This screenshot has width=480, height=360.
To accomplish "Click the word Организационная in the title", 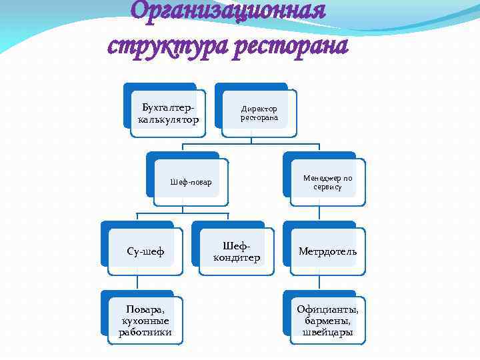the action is point(228,11).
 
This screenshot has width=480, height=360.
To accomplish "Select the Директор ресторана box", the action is point(259,113).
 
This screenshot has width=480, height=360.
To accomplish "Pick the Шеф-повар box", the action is point(191,182).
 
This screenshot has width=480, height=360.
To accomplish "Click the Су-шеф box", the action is point(145,251).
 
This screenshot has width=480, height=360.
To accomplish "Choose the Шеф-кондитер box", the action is point(237,251).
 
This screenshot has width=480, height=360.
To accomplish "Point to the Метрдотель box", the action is point(327,251).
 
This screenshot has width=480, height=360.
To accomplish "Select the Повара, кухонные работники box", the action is point(145,321).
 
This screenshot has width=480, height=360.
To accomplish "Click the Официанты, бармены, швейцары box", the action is point(327,321).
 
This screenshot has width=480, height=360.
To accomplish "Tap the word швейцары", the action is point(327,333).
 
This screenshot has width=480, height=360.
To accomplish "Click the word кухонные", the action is point(145,321).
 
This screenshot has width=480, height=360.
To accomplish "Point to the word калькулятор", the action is point(168,120).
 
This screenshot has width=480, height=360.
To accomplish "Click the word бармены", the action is point(327,321).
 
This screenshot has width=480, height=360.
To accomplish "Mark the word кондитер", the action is point(237,258).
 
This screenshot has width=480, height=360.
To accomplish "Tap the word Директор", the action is point(259,109).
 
